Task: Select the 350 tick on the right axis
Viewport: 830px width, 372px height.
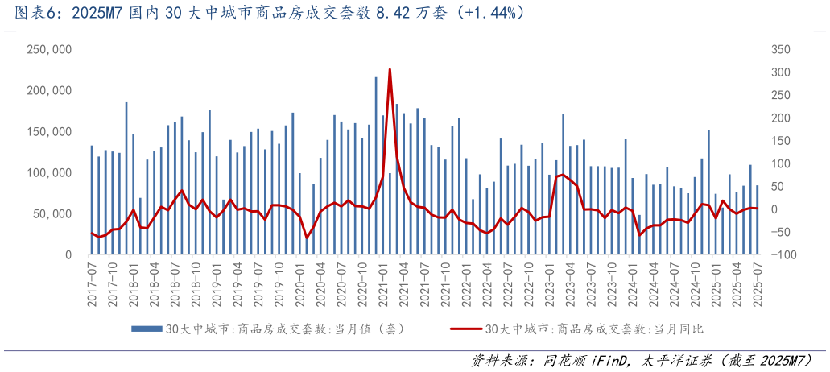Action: click(x=782, y=50)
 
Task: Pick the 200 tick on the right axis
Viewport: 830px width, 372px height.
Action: click(x=782, y=118)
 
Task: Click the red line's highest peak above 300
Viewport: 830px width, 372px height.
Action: click(x=390, y=70)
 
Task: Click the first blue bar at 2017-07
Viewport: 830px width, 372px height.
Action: click(x=92, y=200)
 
